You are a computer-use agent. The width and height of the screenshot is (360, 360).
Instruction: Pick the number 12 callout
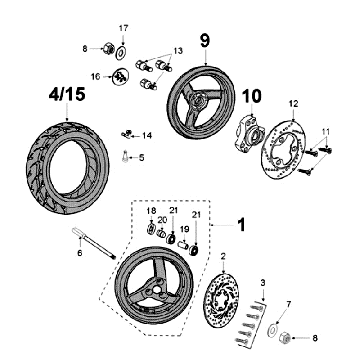tap(293, 104)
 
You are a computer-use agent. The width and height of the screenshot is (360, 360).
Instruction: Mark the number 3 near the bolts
tap(263, 286)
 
